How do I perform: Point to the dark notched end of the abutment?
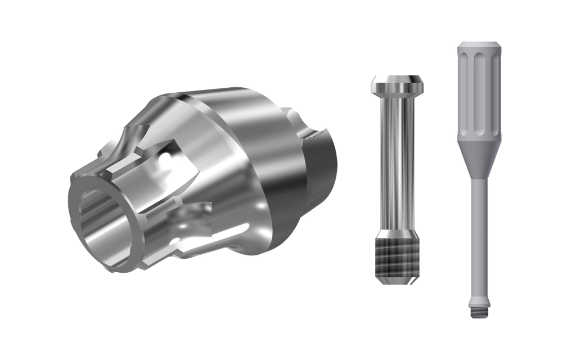coord(321,163)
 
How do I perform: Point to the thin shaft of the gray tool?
coord(478,236)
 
